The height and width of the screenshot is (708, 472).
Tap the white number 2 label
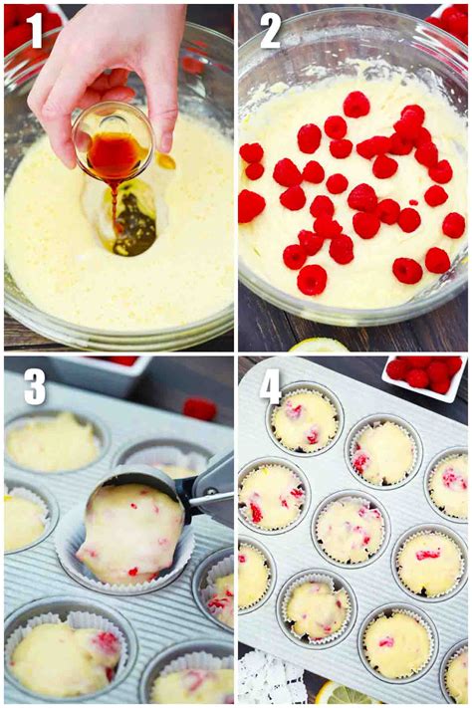click(x=270, y=30)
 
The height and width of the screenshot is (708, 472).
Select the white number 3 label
click(x=36, y=385)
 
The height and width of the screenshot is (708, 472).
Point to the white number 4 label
click(x=271, y=385)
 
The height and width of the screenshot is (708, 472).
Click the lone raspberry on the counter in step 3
click(x=200, y=408)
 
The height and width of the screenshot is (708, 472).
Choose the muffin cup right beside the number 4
click(x=305, y=419)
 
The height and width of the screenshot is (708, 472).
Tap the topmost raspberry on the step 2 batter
click(x=355, y=104)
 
